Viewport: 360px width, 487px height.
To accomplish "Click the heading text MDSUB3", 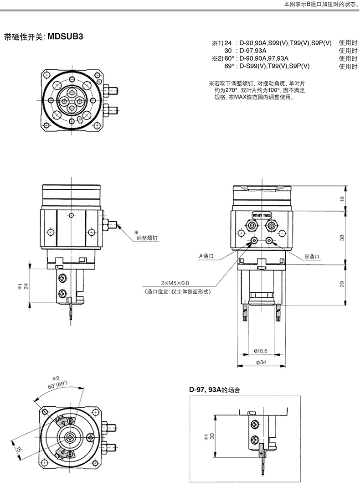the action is click(66, 36).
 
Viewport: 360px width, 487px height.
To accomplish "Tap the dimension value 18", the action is click(342, 198).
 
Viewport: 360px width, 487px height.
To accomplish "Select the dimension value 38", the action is click(342, 238).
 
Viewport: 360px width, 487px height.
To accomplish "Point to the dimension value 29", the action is click(342, 284).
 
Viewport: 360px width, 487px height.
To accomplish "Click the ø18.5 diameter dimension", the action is click(261, 351).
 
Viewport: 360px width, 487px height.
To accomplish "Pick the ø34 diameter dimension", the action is click(261, 362).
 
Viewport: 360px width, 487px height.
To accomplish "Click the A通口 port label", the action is click(206, 256).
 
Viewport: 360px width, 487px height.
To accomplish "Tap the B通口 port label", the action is click(312, 257).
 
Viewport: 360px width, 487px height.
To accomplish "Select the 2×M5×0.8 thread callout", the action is click(175, 283).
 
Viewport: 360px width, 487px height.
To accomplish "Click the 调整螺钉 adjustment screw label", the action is click(147, 238).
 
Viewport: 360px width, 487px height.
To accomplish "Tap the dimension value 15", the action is click(19, 448).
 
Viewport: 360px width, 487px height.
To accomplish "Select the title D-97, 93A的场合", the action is click(215, 390).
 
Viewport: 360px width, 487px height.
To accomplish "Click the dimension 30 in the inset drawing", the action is click(212, 436).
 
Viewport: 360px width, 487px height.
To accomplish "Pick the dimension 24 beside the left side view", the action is click(26, 286).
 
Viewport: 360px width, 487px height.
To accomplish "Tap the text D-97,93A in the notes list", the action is click(253, 51).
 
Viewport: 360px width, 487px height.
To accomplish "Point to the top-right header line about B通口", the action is click(322, 5).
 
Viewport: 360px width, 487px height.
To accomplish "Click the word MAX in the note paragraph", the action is click(240, 97).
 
